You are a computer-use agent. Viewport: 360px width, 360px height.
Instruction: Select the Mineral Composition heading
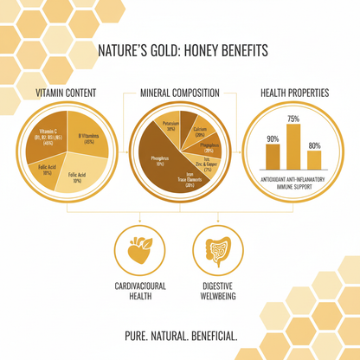pos(180,93)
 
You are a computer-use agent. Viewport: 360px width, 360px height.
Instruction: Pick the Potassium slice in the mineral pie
pos(168,126)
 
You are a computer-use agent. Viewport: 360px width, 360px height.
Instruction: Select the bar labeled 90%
pos(273,157)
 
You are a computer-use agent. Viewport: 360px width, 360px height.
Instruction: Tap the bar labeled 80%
pos(314,159)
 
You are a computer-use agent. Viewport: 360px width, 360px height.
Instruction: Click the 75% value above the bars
pos(294,119)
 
